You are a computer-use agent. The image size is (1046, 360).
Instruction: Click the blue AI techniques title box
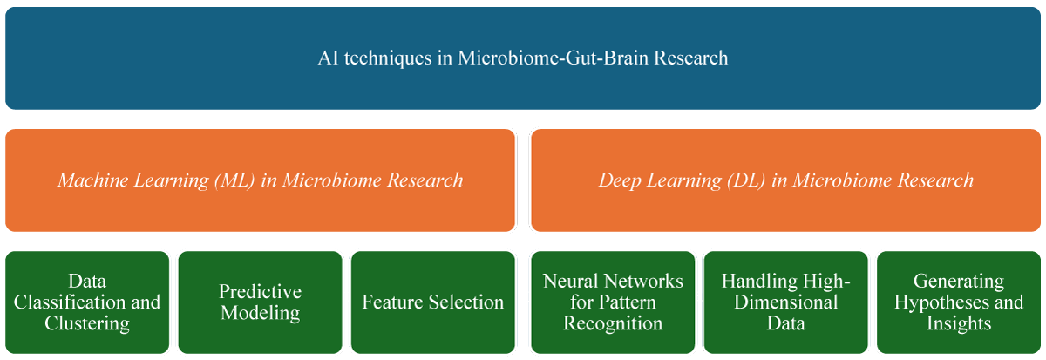tap(523, 58)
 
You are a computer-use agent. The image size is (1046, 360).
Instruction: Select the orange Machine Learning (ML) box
tap(260, 180)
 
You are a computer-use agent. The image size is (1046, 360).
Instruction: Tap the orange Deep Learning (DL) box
tap(786, 180)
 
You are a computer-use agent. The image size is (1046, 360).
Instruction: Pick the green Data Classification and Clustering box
tap(87, 302)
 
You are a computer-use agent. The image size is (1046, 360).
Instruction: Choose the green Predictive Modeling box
tap(260, 302)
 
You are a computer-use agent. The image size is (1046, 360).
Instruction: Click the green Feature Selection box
tap(433, 302)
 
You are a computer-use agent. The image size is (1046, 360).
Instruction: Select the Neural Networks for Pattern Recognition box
tap(613, 302)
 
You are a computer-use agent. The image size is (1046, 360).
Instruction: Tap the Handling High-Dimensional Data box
tap(786, 302)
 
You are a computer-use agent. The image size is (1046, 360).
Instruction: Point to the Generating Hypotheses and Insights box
tap(959, 302)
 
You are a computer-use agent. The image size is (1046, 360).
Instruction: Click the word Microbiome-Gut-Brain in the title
tap(553, 58)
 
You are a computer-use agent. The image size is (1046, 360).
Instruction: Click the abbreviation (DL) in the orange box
tap(746, 180)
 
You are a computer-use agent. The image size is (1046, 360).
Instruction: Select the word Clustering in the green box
tap(87, 323)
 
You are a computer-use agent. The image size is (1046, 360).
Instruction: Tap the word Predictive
tap(260, 292)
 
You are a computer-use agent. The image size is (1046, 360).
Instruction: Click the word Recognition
tap(613, 323)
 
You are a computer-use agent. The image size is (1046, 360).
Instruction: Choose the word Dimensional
tap(786, 302)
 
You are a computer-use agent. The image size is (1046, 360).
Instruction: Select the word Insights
tap(959, 323)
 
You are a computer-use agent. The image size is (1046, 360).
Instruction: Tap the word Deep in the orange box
tap(620, 181)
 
